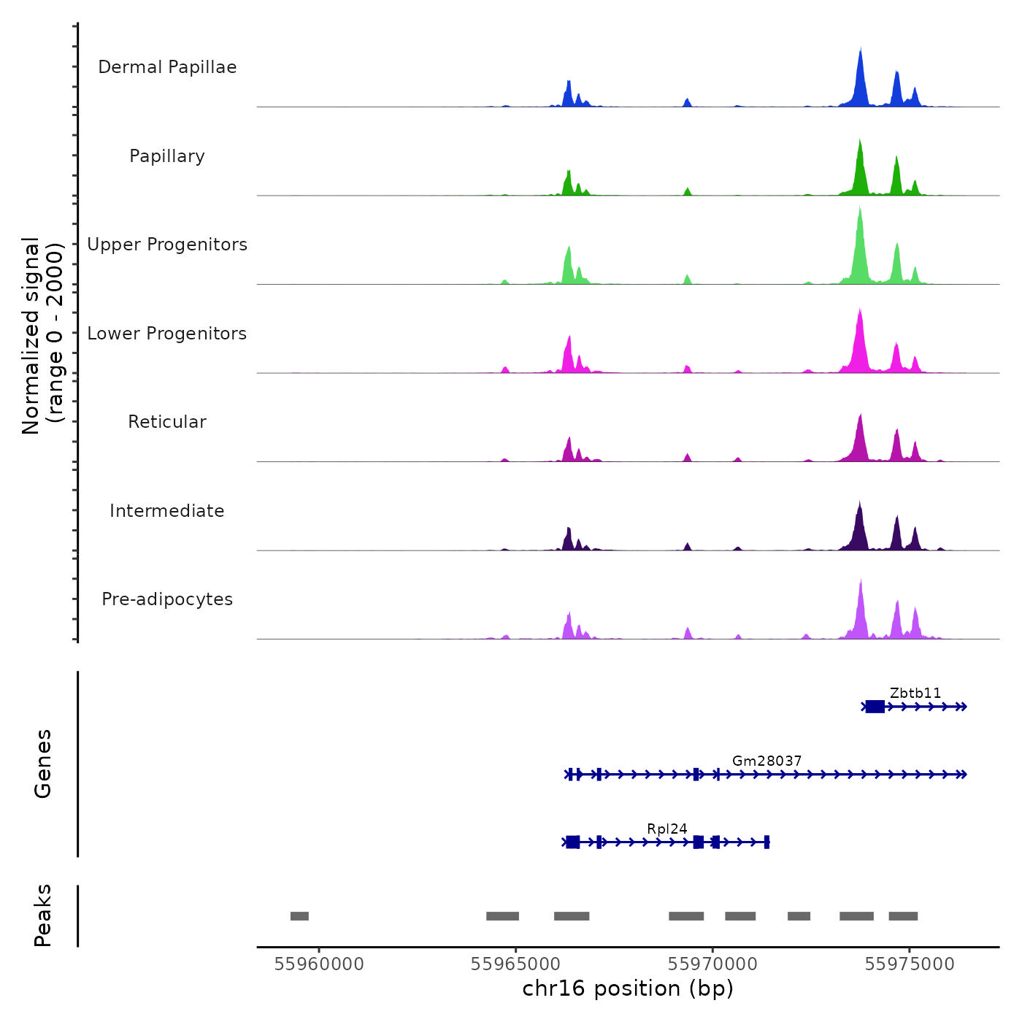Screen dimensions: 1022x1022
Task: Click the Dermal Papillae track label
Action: [x=167, y=67]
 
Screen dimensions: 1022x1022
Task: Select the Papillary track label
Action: [x=167, y=156]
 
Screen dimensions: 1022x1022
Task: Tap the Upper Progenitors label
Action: [x=167, y=245]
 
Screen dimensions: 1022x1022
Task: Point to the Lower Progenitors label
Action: [x=167, y=334]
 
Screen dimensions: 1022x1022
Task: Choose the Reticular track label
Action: [x=167, y=422]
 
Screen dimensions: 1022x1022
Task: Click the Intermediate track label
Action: [x=167, y=511]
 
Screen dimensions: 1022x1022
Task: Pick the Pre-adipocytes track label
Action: [x=167, y=599]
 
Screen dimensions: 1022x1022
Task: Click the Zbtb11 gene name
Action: [x=915, y=693]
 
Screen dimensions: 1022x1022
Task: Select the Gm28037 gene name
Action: [x=766, y=761]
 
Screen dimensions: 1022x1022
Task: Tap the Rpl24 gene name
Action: [x=666, y=829]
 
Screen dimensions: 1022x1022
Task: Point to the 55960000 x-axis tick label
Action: [x=319, y=964]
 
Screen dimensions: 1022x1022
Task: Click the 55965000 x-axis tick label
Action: [x=516, y=964]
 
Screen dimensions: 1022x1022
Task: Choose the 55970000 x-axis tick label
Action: [x=712, y=964]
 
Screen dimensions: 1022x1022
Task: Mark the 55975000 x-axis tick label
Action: [x=910, y=964]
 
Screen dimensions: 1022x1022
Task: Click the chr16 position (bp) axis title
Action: [x=628, y=988]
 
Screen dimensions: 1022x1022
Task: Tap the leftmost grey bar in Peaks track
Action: [x=299, y=916]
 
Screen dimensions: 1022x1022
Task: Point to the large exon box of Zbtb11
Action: [x=875, y=707]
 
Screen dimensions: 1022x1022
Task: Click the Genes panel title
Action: [x=42, y=764]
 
